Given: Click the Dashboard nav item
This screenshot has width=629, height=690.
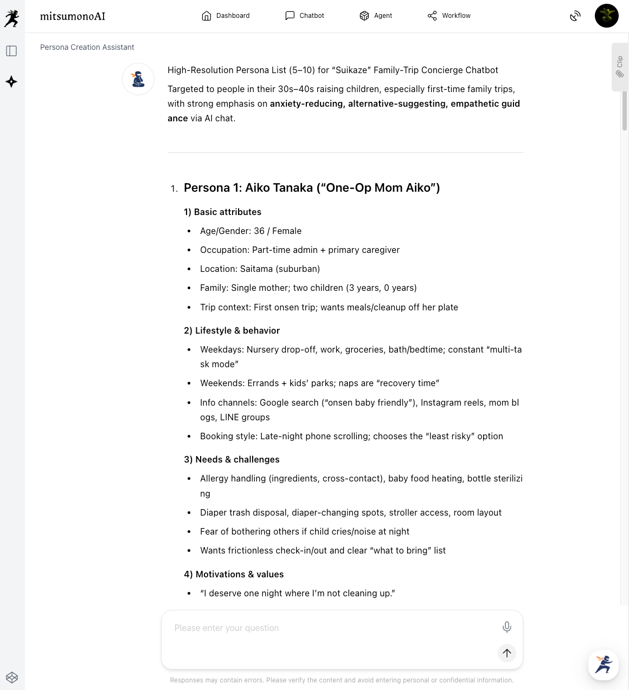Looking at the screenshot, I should pyautogui.click(x=226, y=16).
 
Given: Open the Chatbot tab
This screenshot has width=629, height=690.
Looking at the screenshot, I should pyautogui.click(x=305, y=16).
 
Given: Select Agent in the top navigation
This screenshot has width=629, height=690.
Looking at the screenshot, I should pyautogui.click(x=376, y=16).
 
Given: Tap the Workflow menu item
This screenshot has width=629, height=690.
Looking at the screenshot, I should pyautogui.click(x=449, y=16).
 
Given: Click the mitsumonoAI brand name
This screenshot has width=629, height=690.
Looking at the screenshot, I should pyautogui.click(x=73, y=16).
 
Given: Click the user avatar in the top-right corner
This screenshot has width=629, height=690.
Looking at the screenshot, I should pyautogui.click(x=606, y=16).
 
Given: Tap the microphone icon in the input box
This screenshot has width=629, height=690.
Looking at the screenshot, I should pyautogui.click(x=506, y=627).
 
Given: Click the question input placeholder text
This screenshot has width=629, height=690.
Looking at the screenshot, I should pyautogui.click(x=227, y=628).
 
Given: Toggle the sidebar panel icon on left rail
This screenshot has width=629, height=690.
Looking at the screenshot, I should pyautogui.click(x=11, y=51).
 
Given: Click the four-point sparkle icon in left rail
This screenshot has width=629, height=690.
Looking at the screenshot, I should pyautogui.click(x=11, y=82).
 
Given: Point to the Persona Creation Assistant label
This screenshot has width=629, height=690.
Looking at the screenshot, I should pyautogui.click(x=87, y=47).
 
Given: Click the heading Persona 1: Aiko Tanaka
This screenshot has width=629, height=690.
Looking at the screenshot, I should pyautogui.click(x=312, y=188).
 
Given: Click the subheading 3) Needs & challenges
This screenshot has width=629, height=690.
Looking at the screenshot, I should pyautogui.click(x=232, y=460).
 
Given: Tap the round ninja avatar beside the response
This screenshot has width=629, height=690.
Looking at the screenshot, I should pyautogui.click(x=138, y=79).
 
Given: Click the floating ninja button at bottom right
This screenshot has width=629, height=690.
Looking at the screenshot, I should pyautogui.click(x=603, y=665).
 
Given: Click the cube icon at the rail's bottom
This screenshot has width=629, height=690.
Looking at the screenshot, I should pyautogui.click(x=12, y=678).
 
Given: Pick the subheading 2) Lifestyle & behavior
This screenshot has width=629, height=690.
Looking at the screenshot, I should pyautogui.click(x=232, y=331).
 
